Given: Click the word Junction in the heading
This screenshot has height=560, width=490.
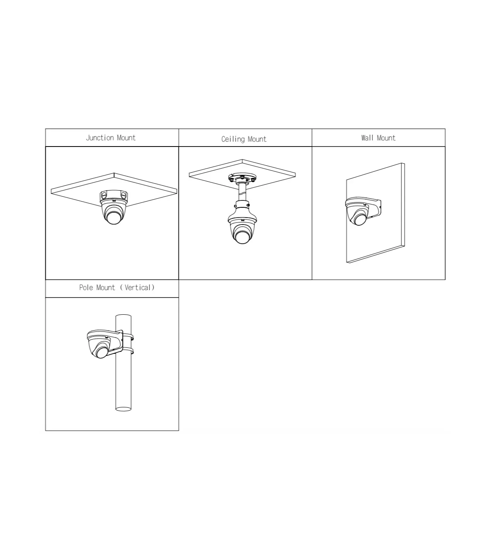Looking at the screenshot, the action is [x=100, y=138].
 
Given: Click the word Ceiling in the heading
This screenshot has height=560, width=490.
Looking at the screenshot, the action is [x=233, y=139].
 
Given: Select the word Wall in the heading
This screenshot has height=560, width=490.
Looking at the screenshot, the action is [x=367, y=138].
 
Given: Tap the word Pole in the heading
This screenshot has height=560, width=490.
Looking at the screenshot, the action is [x=86, y=287].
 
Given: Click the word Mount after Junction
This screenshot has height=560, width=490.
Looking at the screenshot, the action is [x=126, y=138].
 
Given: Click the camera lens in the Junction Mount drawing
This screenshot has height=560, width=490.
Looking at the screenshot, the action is [x=114, y=218].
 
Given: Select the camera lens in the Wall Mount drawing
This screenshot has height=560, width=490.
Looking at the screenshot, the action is [x=360, y=219].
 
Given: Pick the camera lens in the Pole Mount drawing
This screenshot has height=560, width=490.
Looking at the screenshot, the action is [x=102, y=352].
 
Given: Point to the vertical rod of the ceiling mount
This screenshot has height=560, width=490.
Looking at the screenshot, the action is [x=242, y=192].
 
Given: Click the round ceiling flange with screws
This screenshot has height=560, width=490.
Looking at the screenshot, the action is [x=242, y=178].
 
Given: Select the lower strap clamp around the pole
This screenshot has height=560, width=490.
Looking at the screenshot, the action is [x=128, y=351].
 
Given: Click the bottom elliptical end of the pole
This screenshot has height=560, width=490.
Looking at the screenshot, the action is [x=123, y=409].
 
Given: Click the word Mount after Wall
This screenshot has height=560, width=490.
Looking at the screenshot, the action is [x=386, y=138].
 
